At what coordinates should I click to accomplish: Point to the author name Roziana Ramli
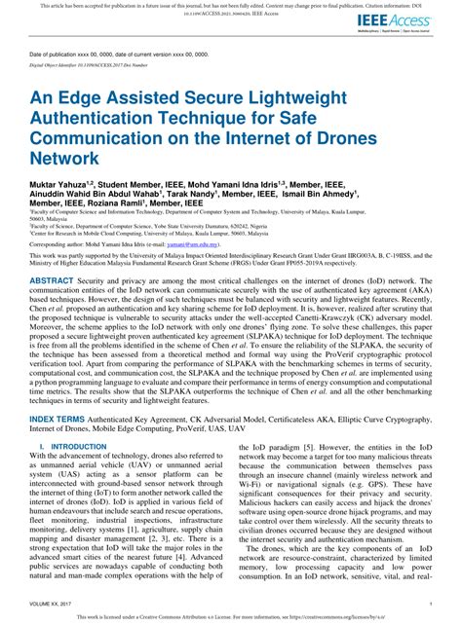(125, 205)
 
